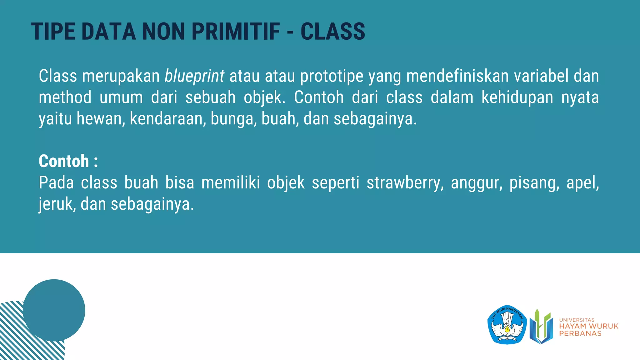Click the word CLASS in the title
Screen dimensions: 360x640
point(332,32)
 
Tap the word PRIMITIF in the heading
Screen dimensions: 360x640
point(236,32)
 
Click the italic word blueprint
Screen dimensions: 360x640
point(194,76)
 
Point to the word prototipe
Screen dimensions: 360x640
point(332,76)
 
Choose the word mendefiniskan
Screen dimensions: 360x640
point(457,76)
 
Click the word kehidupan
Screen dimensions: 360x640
point(517,97)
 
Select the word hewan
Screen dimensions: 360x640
point(101,119)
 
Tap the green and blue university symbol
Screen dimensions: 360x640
point(541,326)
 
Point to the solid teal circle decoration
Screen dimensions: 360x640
point(54,310)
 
